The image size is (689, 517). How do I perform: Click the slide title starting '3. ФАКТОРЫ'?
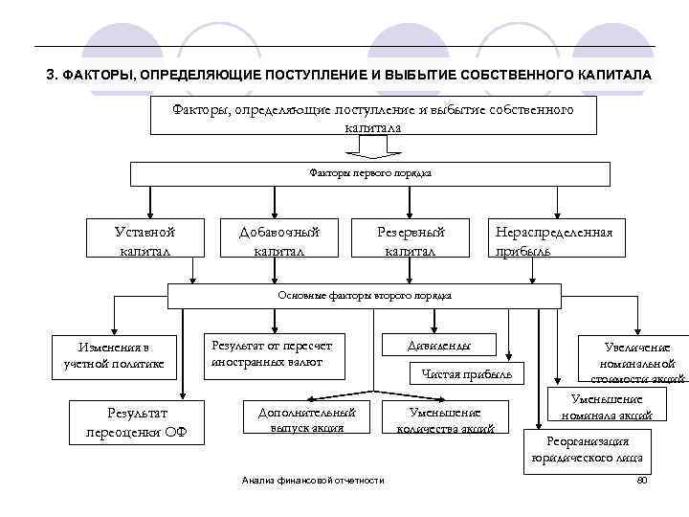tap(349, 75)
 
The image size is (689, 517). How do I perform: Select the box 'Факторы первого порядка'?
tap(369, 173)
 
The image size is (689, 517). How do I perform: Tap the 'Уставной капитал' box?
tap(145, 239)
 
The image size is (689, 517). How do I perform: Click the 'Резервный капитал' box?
tap(411, 239)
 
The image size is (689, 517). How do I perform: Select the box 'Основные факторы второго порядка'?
tap(365, 296)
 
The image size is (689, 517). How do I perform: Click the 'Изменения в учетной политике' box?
tap(115, 354)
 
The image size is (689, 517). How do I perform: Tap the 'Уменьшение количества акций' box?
tap(445, 419)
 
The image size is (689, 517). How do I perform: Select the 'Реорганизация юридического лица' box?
tap(588, 449)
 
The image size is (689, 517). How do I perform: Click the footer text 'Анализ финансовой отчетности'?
tap(313, 480)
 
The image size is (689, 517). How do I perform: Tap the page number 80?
tap(642, 479)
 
